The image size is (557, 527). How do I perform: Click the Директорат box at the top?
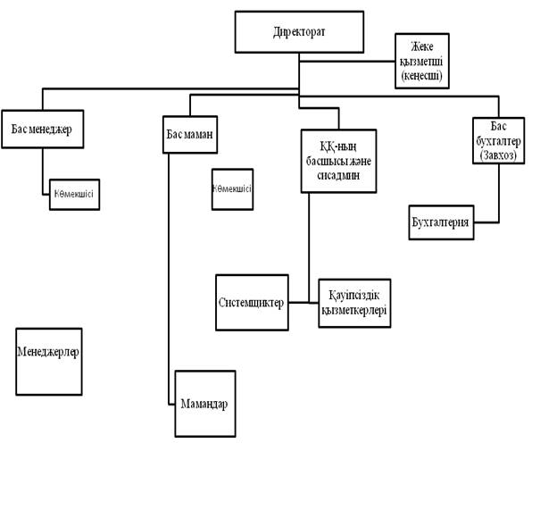[x=299, y=32]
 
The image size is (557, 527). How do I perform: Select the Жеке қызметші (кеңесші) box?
[x=421, y=61]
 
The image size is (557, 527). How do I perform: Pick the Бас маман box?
[x=192, y=133]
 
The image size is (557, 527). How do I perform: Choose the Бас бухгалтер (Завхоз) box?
[x=497, y=140]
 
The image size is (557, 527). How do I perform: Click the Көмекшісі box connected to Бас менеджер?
[x=74, y=194]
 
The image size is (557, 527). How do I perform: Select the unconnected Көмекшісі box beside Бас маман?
[x=232, y=189]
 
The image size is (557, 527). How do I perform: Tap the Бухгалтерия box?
[x=440, y=221]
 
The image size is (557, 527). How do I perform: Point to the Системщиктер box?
[x=252, y=302]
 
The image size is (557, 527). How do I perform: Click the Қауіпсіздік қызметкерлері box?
[x=354, y=303]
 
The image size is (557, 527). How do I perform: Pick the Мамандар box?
[x=204, y=404]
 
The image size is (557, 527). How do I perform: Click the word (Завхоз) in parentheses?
[x=497, y=155]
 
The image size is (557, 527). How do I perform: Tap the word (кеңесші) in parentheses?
[x=421, y=77]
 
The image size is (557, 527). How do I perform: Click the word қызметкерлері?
[x=354, y=310]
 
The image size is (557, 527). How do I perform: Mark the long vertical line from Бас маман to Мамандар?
[x=169, y=268]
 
